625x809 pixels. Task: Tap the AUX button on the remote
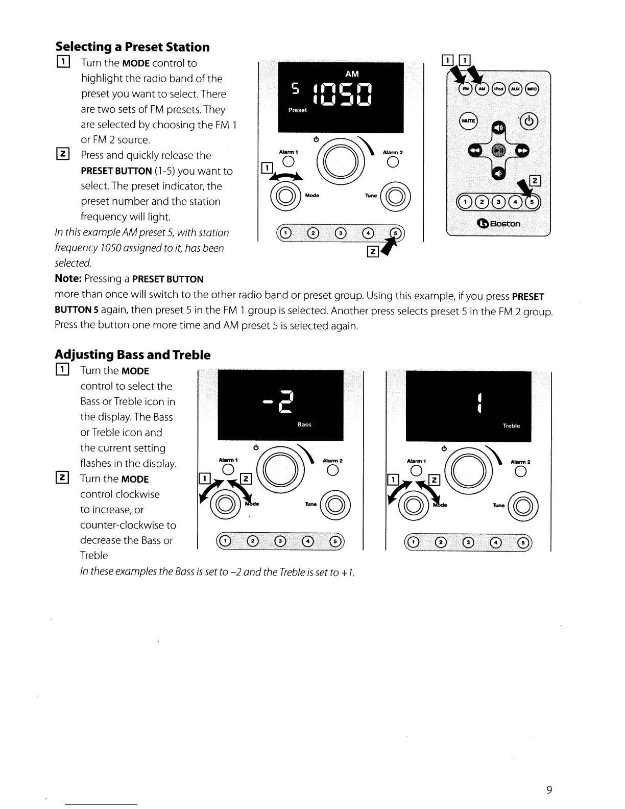[x=516, y=89]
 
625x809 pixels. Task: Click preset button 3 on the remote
[x=499, y=202]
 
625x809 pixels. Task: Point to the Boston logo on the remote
[x=498, y=224]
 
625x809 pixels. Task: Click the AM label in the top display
[x=352, y=74]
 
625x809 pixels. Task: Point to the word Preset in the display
[x=298, y=110]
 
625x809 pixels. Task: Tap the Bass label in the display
[x=304, y=424]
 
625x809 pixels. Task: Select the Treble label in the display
[x=511, y=425]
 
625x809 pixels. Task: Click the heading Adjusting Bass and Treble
[x=132, y=354]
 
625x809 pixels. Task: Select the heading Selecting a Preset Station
[x=132, y=47]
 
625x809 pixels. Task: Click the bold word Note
[x=68, y=279]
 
